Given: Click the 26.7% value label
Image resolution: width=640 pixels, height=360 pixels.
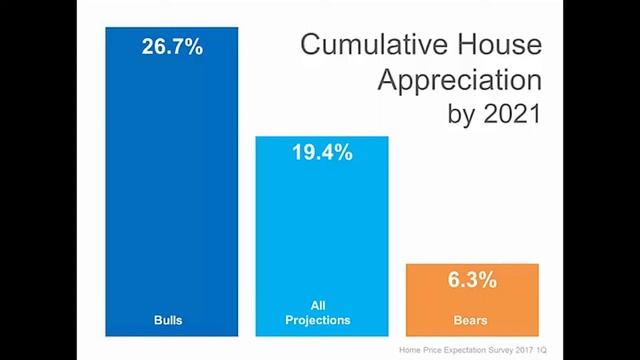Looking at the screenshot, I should coord(171,46).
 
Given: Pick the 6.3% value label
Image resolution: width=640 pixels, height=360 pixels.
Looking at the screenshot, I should coord(471,280).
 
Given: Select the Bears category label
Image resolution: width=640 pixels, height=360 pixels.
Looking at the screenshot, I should coord(471,321).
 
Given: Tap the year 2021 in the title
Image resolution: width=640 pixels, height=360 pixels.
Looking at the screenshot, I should coord(511,113).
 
